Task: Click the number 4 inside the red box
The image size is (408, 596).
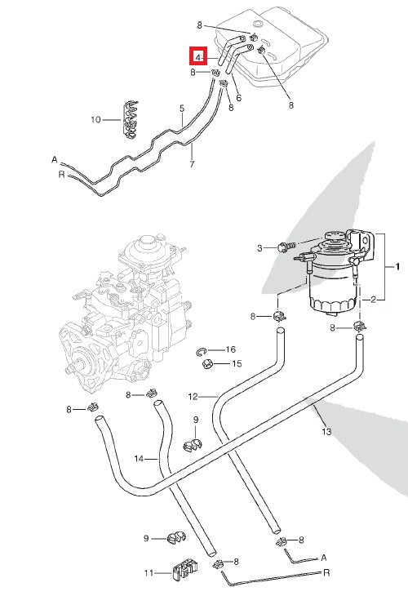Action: (x=197, y=58)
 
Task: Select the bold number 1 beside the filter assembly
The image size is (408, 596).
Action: (x=397, y=267)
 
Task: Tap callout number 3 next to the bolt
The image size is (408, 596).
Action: (x=259, y=247)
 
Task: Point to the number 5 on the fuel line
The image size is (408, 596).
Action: (x=182, y=108)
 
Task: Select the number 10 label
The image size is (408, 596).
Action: (x=95, y=119)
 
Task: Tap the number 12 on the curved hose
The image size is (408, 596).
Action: (x=193, y=397)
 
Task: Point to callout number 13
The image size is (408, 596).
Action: (x=326, y=431)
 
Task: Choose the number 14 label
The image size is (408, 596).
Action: (x=140, y=459)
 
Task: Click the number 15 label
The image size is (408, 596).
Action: (x=237, y=364)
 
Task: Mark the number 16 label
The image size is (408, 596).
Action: (x=231, y=349)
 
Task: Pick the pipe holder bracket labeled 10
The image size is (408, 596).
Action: (x=129, y=119)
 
